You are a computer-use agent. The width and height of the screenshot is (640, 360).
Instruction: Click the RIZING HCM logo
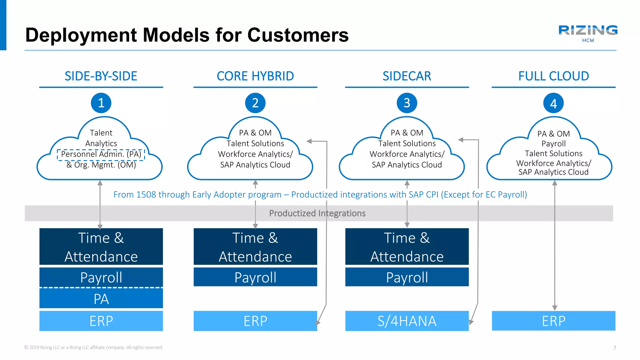588,33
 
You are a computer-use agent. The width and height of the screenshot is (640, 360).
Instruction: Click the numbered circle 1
101,103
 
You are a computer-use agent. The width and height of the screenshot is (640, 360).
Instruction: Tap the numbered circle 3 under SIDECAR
407,103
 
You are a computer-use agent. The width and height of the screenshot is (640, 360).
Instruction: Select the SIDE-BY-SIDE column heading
101,76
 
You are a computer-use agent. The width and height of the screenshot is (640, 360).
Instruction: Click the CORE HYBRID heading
255,76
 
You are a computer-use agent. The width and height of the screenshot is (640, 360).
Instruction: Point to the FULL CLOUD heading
553,76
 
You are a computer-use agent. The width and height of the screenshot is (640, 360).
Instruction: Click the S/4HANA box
407,321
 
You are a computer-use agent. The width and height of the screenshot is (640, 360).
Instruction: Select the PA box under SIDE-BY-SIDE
101,299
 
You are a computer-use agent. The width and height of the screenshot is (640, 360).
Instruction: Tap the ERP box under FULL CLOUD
553,321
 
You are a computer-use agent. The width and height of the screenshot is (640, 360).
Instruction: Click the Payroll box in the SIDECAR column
407,277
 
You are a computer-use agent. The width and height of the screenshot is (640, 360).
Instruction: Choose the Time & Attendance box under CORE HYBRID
255,247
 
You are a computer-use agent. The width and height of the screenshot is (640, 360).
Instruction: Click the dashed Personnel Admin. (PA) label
101,154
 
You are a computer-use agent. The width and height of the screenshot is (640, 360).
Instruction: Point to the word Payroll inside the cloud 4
553,144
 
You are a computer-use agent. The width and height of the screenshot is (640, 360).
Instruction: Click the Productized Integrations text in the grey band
317,213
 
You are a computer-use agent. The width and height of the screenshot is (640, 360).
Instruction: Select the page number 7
615,348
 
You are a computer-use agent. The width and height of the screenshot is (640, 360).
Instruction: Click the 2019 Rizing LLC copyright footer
94,347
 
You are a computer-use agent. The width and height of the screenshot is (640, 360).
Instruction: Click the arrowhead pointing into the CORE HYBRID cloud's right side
309,141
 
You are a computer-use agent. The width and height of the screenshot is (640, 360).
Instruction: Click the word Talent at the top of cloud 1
101,133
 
